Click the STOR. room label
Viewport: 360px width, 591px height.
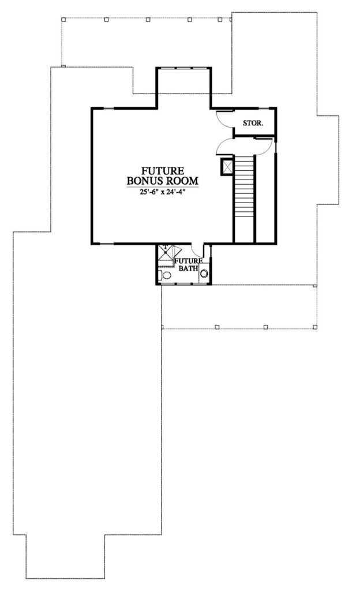click(x=253, y=123)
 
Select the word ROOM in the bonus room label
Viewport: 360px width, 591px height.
click(x=182, y=181)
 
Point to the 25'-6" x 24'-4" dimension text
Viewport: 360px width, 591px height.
click(x=162, y=192)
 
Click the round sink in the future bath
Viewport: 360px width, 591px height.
click(x=204, y=274)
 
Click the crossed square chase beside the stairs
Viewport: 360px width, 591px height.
click(x=227, y=166)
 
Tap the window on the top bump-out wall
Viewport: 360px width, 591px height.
click(x=183, y=68)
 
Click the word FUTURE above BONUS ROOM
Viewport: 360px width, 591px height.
click(x=163, y=171)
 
